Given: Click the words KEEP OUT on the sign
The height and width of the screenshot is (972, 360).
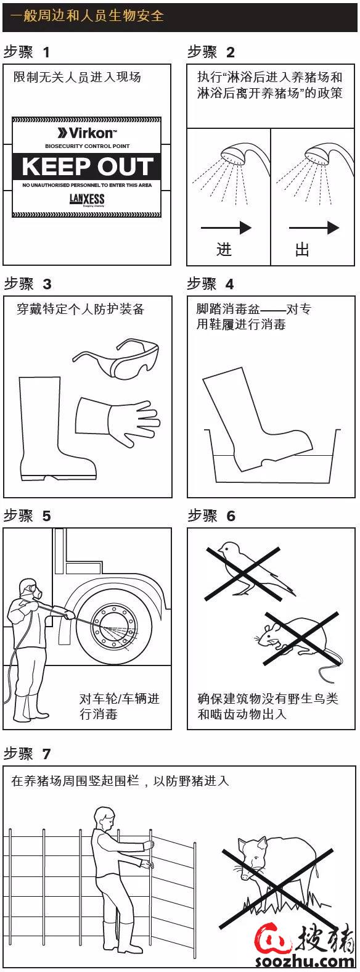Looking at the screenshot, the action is tap(87, 166).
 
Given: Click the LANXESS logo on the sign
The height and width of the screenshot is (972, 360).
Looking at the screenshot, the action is tap(87, 199).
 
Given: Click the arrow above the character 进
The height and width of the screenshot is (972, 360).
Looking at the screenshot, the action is tap(226, 228).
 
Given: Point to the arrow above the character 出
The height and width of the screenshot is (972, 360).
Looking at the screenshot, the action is tap(314, 228).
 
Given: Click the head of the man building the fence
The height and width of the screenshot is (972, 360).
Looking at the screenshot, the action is tap(105, 817).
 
